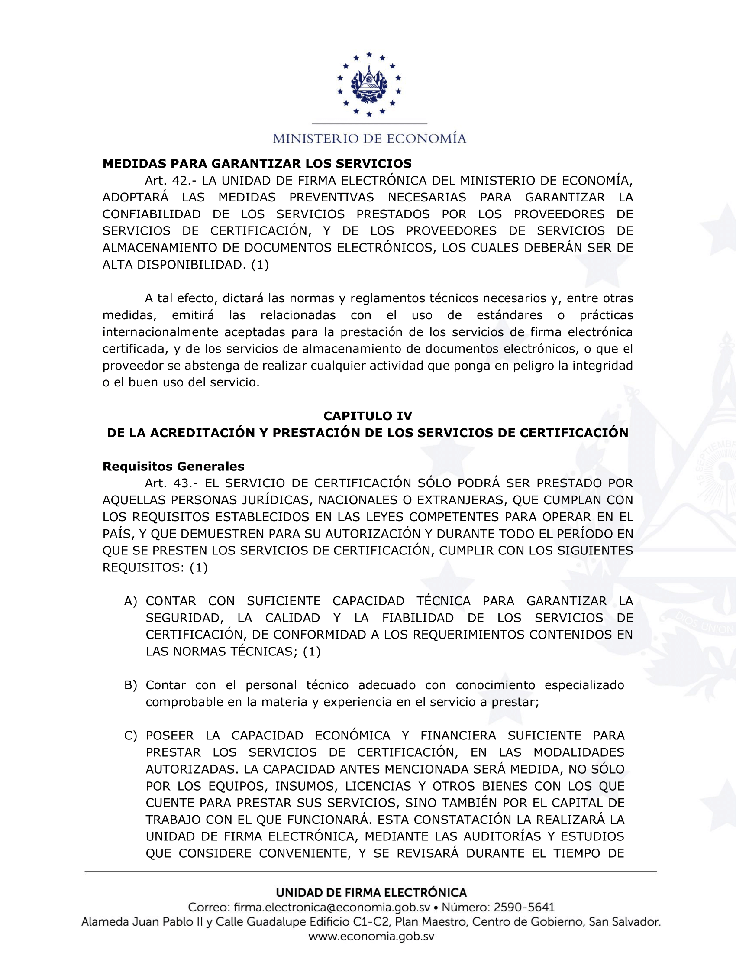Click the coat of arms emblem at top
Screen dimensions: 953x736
[x=369, y=84]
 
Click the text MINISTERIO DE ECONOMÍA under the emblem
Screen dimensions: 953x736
[x=369, y=139]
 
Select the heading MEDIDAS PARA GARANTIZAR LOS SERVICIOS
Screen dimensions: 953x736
[x=257, y=164]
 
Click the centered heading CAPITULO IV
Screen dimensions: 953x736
[x=368, y=416]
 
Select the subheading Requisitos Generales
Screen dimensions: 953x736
[x=173, y=467]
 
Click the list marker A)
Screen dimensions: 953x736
[x=130, y=601]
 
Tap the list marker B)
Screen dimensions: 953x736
[x=130, y=685]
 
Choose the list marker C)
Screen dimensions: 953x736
[x=130, y=736]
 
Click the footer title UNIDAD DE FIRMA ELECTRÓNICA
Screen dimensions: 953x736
[x=371, y=892]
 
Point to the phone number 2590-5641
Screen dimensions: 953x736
[x=524, y=907]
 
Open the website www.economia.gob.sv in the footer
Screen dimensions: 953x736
[x=371, y=937]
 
